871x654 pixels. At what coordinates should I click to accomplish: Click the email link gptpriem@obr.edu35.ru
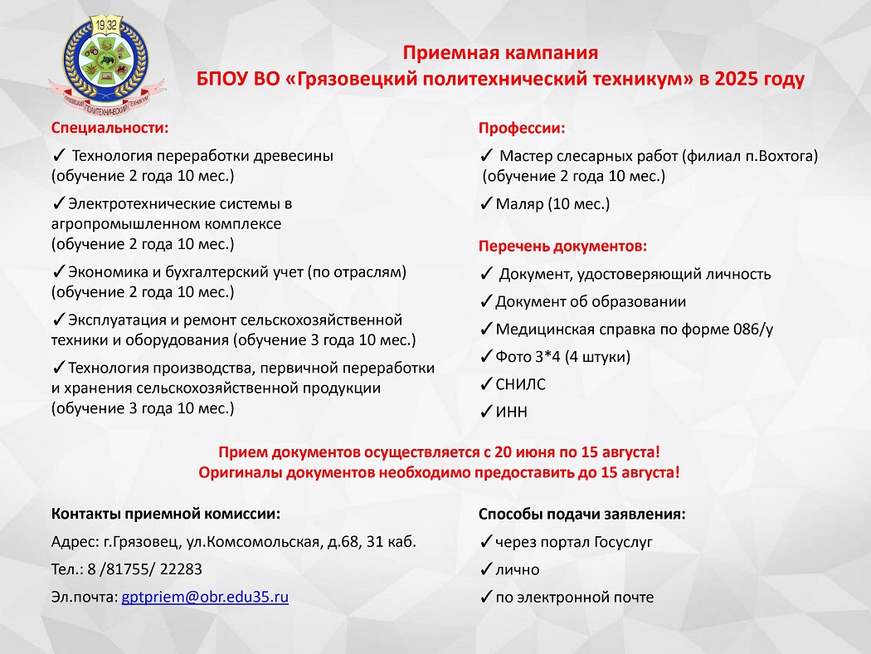click(205, 598)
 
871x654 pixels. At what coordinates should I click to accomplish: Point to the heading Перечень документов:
click(562, 246)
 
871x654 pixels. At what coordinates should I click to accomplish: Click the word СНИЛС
click(521, 385)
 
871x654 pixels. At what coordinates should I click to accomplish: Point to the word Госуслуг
click(623, 543)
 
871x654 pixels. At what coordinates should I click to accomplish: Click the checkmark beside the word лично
click(486, 570)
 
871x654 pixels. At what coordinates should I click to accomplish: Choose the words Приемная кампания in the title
click(500, 54)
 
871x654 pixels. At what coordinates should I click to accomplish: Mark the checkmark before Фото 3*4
click(486, 358)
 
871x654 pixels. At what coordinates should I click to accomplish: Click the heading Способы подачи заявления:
click(582, 515)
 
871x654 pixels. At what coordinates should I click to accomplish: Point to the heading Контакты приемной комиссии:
click(166, 515)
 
